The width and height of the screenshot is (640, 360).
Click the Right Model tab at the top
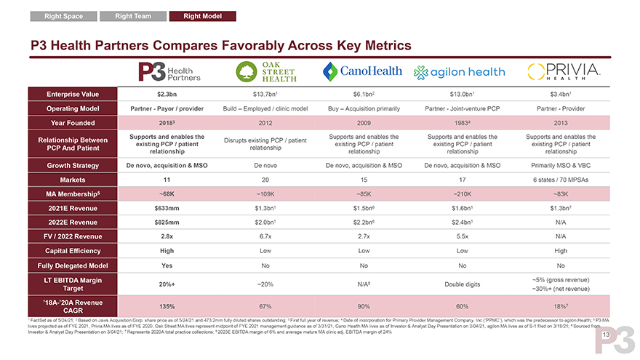pyautogui.click(x=203, y=15)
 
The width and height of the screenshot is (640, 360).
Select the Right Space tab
pyautogui.click(x=63, y=15)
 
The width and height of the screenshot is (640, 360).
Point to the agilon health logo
pyautogui.click(x=459, y=72)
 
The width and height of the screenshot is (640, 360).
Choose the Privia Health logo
pyautogui.click(x=561, y=71)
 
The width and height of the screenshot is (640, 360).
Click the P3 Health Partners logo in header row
pyautogui.click(x=169, y=71)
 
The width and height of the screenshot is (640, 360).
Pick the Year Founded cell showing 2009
pyautogui.click(x=361, y=123)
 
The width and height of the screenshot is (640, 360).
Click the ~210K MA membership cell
pyautogui.click(x=463, y=194)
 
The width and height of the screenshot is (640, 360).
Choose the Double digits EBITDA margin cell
pyautogui.click(x=463, y=284)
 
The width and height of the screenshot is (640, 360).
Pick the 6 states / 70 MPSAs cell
pyautogui.click(x=561, y=180)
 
